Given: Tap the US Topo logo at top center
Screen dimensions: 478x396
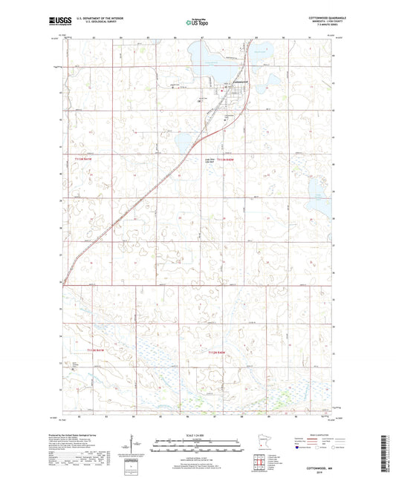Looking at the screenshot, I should pyautogui.click(x=195, y=24).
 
